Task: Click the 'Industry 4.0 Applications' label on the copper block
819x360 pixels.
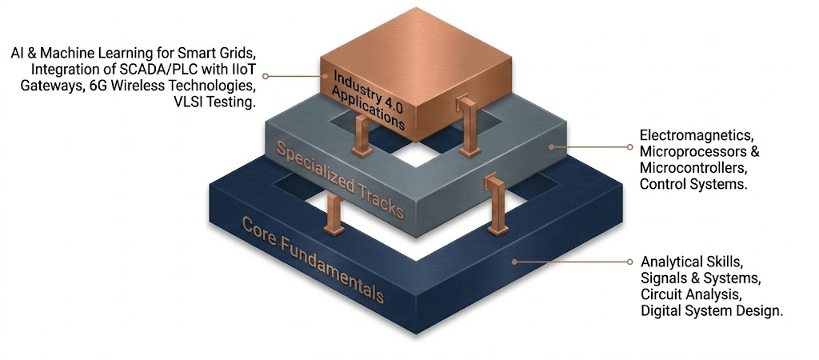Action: tap(369, 100)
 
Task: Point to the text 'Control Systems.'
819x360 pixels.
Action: tap(691, 185)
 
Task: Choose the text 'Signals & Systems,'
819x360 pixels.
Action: tap(697, 277)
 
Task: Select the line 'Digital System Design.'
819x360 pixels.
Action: tap(713, 311)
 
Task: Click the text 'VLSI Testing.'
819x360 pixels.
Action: tap(214, 102)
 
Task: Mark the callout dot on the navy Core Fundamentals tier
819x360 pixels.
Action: tap(514, 262)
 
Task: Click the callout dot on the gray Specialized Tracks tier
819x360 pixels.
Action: tap(552, 147)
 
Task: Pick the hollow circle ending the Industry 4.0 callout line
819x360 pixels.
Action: tap(266, 76)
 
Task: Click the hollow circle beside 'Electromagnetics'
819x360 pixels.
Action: tap(629, 147)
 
